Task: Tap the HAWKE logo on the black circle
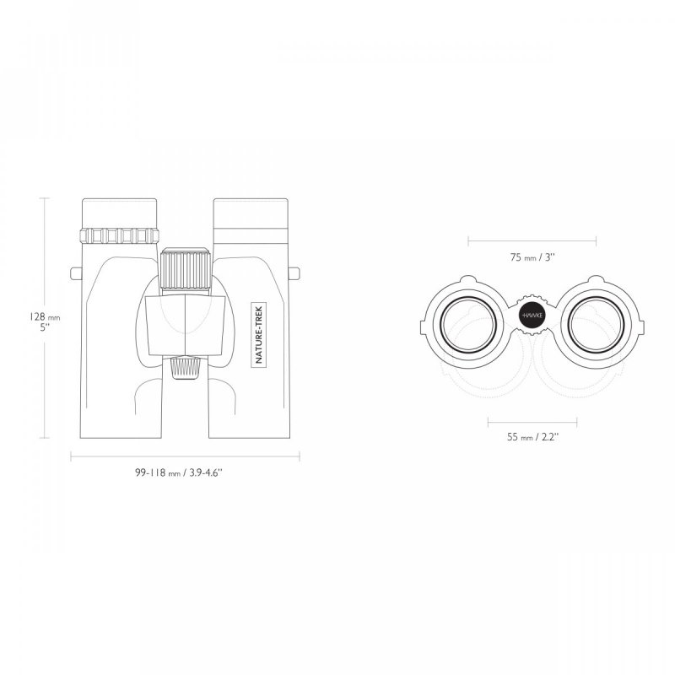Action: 533,316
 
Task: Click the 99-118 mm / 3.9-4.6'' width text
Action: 179,472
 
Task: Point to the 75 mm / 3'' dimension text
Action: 532,257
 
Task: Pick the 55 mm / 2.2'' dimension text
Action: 533,437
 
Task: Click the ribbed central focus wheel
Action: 185,270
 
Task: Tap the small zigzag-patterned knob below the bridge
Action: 185,368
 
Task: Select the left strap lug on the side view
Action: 76,273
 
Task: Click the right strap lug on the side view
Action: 294,273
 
